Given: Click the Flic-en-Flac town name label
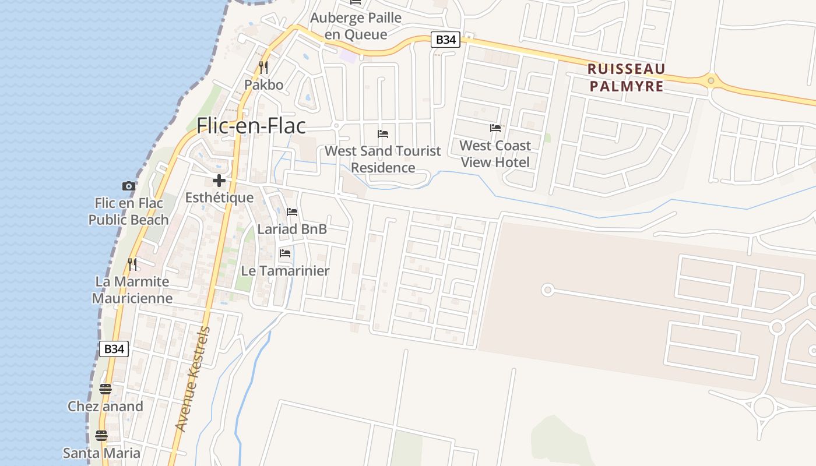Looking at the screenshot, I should (x=251, y=126).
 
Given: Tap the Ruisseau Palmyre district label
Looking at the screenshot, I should (x=626, y=77).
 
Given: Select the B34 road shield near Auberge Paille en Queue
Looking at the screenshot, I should (x=446, y=40).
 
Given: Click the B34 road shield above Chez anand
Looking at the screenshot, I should (x=114, y=349).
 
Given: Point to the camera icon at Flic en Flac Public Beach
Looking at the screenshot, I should (x=129, y=186).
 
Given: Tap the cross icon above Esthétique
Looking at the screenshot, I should (x=219, y=181).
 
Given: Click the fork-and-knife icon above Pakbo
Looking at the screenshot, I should (x=263, y=68).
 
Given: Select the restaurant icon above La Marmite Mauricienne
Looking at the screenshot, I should (x=132, y=264).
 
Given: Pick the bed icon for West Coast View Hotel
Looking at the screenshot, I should (x=495, y=128).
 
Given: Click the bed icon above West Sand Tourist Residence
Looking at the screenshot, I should (x=383, y=134).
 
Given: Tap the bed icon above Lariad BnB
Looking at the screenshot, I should (x=292, y=212).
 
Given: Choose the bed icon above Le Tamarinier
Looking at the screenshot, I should (x=285, y=253).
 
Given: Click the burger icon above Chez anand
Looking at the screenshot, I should (x=105, y=389).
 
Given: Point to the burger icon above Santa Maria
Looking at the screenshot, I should (x=101, y=435).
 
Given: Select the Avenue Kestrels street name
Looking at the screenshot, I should (x=193, y=379).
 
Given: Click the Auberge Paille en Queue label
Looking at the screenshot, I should (x=356, y=26).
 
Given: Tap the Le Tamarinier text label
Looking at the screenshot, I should (x=285, y=271).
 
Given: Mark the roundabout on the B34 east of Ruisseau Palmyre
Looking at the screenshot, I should (x=711, y=80).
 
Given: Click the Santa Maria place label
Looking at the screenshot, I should (x=101, y=453).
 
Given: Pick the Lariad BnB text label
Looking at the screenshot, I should (x=292, y=229).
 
